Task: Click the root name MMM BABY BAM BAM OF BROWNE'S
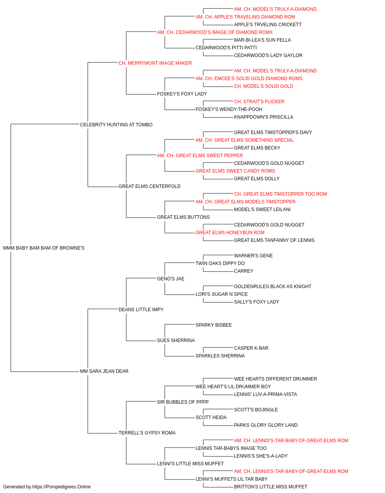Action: pyautogui.click(x=44, y=248)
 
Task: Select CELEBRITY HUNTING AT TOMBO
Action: pyautogui.click(x=116, y=124)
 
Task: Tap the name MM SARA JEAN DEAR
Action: pyautogui.click(x=104, y=371)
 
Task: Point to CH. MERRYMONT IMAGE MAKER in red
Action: pyautogui.click(x=155, y=63)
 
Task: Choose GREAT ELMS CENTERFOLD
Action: pyautogui.click(x=149, y=186)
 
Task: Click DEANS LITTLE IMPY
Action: pyautogui.click(x=141, y=309)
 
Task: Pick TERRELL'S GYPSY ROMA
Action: pyautogui.click(x=147, y=433)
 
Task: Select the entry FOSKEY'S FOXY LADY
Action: pyautogui.click(x=182, y=94)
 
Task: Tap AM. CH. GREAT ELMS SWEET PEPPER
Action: pyautogui.click(x=200, y=155)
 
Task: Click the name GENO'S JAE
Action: pyautogui.click(x=171, y=278)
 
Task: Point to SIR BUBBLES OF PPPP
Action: pyautogui.click(x=183, y=402)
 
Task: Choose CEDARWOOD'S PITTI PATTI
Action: pyautogui.click(x=226, y=48)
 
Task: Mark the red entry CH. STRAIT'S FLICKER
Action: pyautogui.click(x=259, y=101)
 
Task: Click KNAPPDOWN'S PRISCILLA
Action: pyautogui.click(x=263, y=117)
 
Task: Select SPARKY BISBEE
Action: pyautogui.click(x=214, y=325)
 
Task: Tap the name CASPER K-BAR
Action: pyautogui.click(x=251, y=348)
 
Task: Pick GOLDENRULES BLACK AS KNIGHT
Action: pyautogui.click(x=273, y=286)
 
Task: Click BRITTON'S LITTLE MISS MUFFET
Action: pyautogui.click(x=271, y=487)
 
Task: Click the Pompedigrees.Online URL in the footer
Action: pyautogui.click(x=61, y=487)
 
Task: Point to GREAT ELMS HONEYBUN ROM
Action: pyautogui.click(x=230, y=233)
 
